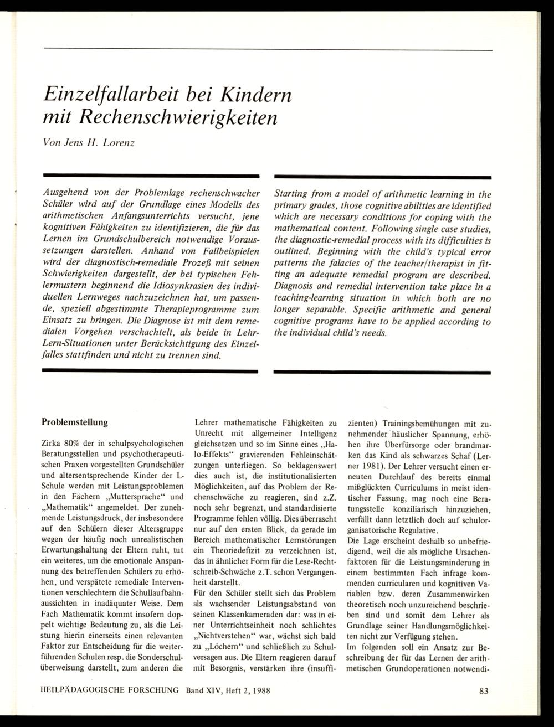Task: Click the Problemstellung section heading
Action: pyautogui.click(x=75, y=422)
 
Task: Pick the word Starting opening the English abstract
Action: pyautogui.click(x=293, y=194)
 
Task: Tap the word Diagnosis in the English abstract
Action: pyautogui.click(x=295, y=287)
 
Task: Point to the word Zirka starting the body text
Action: pyautogui.click(x=52, y=444)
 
